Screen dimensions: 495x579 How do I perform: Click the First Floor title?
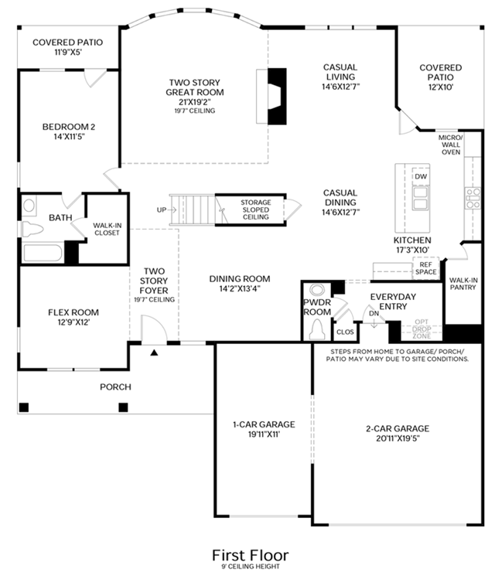[250, 555]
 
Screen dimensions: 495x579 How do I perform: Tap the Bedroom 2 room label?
[69, 127]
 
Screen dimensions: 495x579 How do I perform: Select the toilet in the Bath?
[32, 230]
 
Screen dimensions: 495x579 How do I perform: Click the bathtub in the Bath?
[43, 253]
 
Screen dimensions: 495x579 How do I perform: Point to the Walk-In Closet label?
[108, 229]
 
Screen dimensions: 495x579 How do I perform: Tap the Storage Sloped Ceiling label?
[256, 209]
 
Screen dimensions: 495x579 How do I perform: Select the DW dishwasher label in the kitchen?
[421, 176]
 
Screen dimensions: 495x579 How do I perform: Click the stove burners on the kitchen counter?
[473, 198]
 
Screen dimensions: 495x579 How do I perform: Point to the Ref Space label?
[426, 268]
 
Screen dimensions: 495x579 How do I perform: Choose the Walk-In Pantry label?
[463, 284]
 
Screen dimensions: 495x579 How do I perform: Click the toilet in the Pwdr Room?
[316, 329]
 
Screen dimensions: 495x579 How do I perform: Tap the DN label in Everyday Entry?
[374, 314]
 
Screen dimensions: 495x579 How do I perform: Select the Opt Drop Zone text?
[422, 329]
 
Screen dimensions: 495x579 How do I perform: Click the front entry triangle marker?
[155, 353]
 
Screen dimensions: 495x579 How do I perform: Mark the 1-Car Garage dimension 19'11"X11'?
[264, 434]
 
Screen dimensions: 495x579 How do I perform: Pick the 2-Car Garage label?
[398, 429]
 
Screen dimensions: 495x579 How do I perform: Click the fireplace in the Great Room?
[276, 96]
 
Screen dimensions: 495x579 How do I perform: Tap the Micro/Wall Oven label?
[451, 145]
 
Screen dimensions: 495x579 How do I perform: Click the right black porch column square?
[124, 407]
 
